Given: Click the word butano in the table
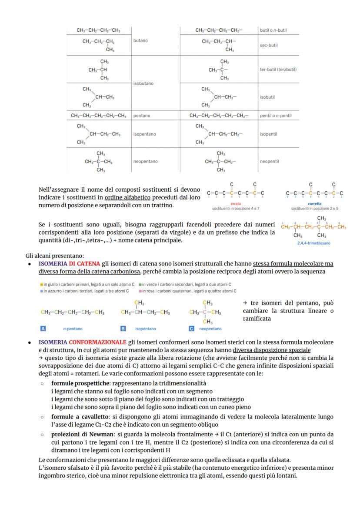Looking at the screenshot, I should coord(140,40).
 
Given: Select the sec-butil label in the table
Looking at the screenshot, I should coord(269,45).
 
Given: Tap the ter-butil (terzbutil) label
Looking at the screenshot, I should coord(278,69).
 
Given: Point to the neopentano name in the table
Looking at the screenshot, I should coord(145,161).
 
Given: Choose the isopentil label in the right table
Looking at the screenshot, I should coord(268,134).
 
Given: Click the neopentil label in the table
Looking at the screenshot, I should coord(269,161).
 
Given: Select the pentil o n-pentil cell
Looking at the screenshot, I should coord(276,116).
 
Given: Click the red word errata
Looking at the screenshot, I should coord(235,203).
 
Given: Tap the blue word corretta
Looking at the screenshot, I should coord(314,203).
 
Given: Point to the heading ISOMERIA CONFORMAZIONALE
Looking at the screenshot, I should coord(83,342).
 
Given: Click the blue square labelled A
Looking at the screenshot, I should coord(43,329).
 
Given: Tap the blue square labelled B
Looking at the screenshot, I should coord(123,329).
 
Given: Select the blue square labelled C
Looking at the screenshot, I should coord(191,329).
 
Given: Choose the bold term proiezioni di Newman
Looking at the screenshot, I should coord(79,434).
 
